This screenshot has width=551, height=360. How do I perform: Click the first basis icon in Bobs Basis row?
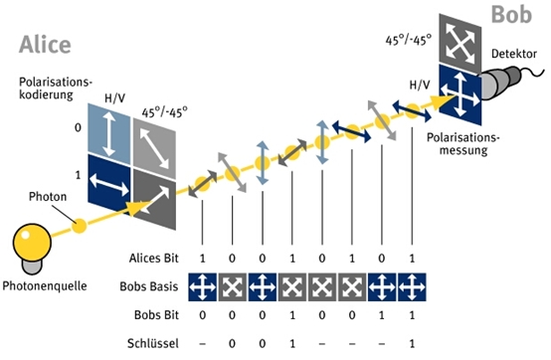tap(203, 287)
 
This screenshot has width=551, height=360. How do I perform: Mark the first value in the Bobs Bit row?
tap(203, 317)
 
